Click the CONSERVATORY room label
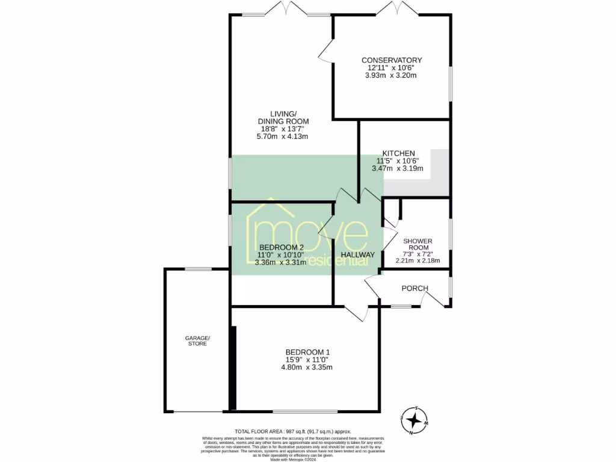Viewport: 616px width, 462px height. coord(391,60)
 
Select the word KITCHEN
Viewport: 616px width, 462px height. coord(399,153)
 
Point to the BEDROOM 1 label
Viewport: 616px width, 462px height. coord(307,352)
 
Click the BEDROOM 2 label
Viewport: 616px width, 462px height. coord(281,247)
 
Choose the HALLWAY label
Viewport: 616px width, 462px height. coord(358,255)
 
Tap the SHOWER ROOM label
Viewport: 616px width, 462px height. coord(417,244)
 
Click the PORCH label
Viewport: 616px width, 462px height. coord(414,289)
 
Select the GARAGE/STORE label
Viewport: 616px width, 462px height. coord(197,340)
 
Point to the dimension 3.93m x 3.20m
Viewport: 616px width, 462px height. coord(391,76)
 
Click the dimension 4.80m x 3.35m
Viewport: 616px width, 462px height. coord(307,368)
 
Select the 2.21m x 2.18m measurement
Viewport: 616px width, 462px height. coord(417,261)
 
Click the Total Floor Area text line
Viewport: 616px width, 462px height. coord(292,432)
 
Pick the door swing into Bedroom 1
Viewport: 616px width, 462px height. coord(359,313)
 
